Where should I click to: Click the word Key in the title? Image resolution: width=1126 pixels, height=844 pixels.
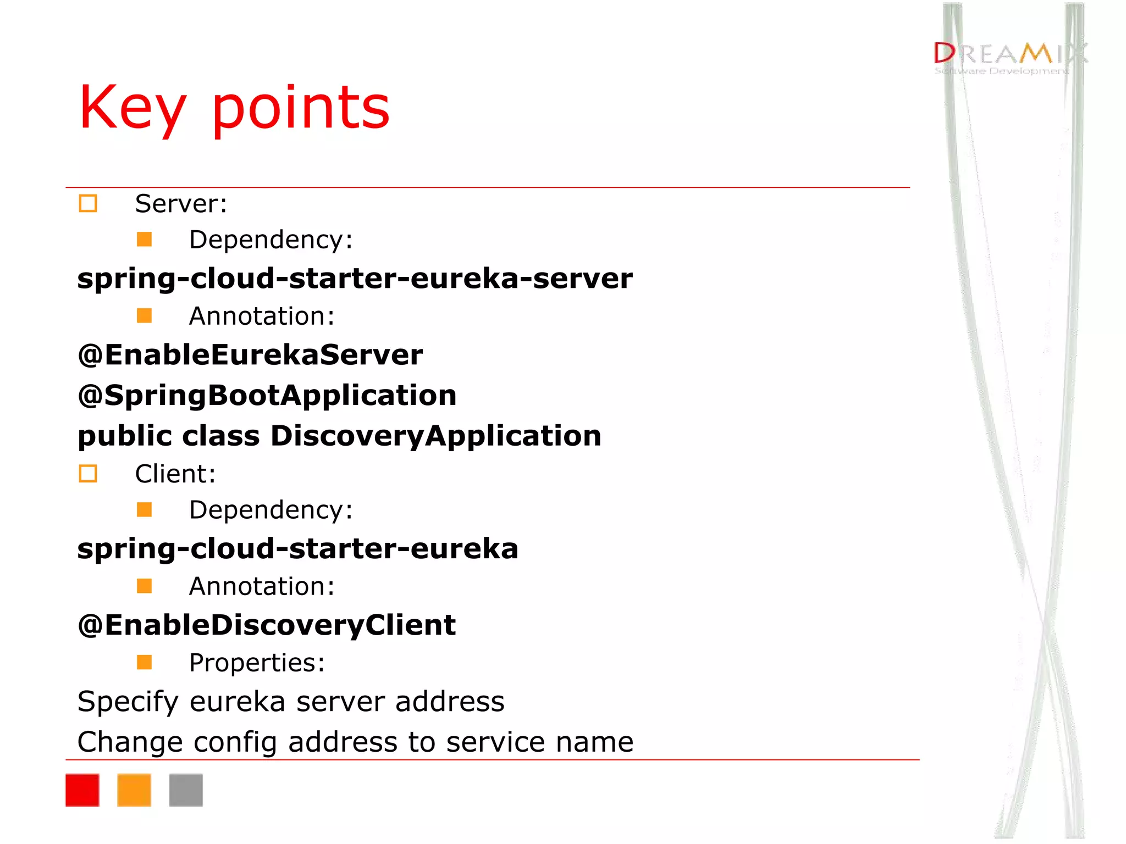(x=132, y=108)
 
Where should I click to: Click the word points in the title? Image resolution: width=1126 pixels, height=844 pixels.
(x=301, y=108)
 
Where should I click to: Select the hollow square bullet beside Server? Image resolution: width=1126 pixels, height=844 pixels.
(x=88, y=203)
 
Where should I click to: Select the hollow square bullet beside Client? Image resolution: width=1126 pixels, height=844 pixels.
(x=88, y=474)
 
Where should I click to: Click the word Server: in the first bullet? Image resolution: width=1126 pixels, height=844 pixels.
(x=181, y=204)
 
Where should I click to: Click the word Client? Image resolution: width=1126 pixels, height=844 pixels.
(x=175, y=474)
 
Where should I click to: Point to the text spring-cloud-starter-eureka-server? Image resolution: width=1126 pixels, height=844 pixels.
(x=355, y=279)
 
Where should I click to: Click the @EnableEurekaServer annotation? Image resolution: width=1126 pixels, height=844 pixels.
(x=250, y=355)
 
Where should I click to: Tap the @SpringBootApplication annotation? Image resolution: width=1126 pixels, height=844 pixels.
(x=267, y=396)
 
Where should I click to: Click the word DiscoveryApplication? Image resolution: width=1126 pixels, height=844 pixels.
(x=435, y=436)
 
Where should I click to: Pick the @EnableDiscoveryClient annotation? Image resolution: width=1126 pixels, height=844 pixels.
(x=267, y=625)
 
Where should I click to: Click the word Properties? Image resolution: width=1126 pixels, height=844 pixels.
(x=257, y=663)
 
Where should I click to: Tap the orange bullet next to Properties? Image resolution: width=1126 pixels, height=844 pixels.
(x=144, y=662)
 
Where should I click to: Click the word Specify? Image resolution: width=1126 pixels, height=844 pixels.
(x=128, y=702)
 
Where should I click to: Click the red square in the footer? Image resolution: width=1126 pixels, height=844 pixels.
(x=82, y=790)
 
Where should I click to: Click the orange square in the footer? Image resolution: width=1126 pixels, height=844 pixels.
(x=134, y=790)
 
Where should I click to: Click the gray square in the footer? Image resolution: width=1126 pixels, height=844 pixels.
(x=186, y=790)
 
